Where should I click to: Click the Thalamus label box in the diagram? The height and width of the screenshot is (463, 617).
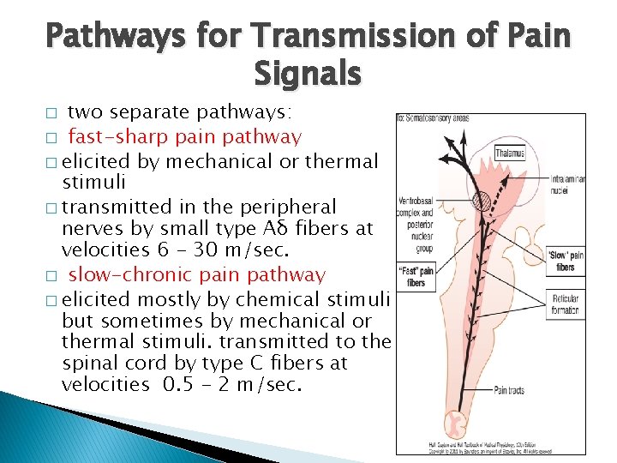[x=510, y=153]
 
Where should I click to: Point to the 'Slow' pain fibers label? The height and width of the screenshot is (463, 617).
[x=565, y=261]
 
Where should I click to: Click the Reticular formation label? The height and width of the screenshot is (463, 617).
[x=565, y=305]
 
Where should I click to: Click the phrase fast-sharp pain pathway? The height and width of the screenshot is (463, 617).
[x=184, y=136]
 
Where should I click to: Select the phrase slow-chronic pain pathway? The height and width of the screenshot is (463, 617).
[x=196, y=275]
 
